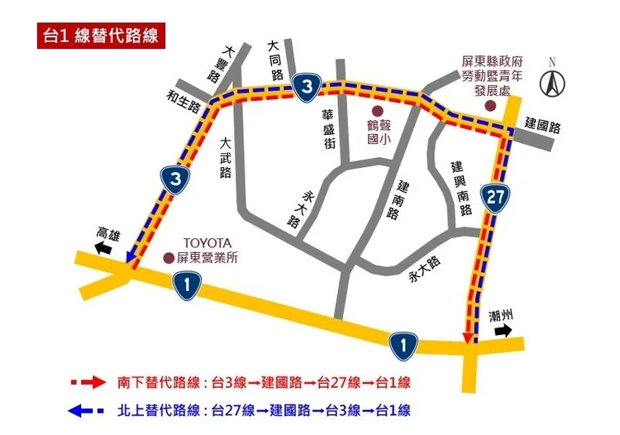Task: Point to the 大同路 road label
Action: tap(277, 60)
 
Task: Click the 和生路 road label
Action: tap(184, 99)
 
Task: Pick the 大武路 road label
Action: tap(225, 158)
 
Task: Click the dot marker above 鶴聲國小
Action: tap(377, 111)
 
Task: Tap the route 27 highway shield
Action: tap(494, 198)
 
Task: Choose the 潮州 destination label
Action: tap(501, 314)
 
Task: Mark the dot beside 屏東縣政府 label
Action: tap(490, 106)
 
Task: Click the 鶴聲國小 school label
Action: tap(378, 132)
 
